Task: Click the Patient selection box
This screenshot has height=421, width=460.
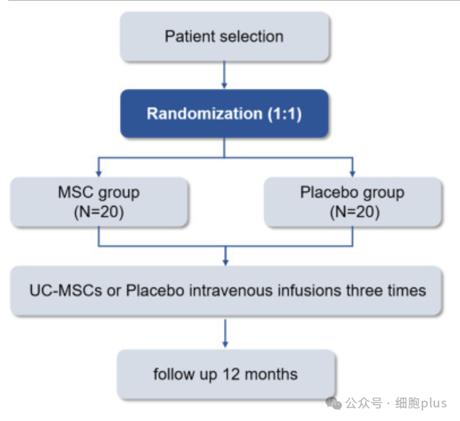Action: click(x=225, y=37)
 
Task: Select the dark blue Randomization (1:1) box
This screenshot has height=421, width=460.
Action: click(x=225, y=114)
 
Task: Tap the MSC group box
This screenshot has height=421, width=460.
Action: click(x=99, y=202)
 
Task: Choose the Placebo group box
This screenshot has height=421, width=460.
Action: click(x=353, y=202)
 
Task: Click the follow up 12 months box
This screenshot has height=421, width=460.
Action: click(x=225, y=374)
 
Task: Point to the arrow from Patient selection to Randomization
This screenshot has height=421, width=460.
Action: click(x=225, y=75)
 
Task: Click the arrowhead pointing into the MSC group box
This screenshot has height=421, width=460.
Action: click(x=99, y=174)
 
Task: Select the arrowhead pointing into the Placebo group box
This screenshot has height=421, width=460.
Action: click(x=353, y=174)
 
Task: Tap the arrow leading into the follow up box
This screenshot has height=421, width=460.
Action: click(x=225, y=333)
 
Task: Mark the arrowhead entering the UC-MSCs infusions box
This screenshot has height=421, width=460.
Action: click(x=225, y=262)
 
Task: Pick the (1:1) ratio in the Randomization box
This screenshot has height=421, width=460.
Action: click(x=284, y=114)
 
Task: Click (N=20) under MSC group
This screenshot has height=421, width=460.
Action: click(x=99, y=212)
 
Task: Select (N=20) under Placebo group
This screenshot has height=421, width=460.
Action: click(x=354, y=212)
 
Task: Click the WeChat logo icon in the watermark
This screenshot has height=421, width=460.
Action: click(x=333, y=403)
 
